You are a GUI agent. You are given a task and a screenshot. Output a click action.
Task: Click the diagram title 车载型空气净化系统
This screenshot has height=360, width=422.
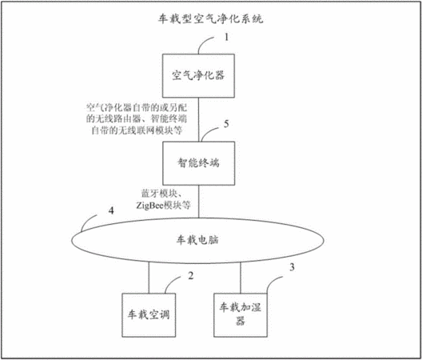(x=210, y=19)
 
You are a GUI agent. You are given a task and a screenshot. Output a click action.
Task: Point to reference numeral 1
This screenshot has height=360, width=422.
(x=227, y=37)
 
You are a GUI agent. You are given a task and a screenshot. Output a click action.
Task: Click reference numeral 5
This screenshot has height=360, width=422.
(x=227, y=124)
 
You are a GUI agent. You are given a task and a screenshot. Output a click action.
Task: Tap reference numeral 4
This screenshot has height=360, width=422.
(x=111, y=210)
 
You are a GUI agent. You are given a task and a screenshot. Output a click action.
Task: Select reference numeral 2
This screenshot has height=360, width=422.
(x=191, y=276)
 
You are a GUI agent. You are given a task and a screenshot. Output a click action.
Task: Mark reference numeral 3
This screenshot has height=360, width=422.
(x=292, y=267)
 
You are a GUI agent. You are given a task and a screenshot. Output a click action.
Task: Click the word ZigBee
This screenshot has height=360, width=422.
(x=149, y=206)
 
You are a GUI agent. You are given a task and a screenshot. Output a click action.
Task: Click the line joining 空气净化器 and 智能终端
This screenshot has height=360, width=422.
(x=199, y=120)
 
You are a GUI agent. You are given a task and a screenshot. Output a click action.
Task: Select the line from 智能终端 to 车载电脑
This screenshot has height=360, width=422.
(x=199, y=202)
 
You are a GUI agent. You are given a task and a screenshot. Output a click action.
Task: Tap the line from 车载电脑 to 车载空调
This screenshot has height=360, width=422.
(x=149, y=278)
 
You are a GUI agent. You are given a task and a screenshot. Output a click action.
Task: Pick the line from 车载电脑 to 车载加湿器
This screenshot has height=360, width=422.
(x=241, y=278)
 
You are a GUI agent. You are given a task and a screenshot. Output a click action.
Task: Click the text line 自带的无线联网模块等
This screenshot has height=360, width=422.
(x=137, y=130)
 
